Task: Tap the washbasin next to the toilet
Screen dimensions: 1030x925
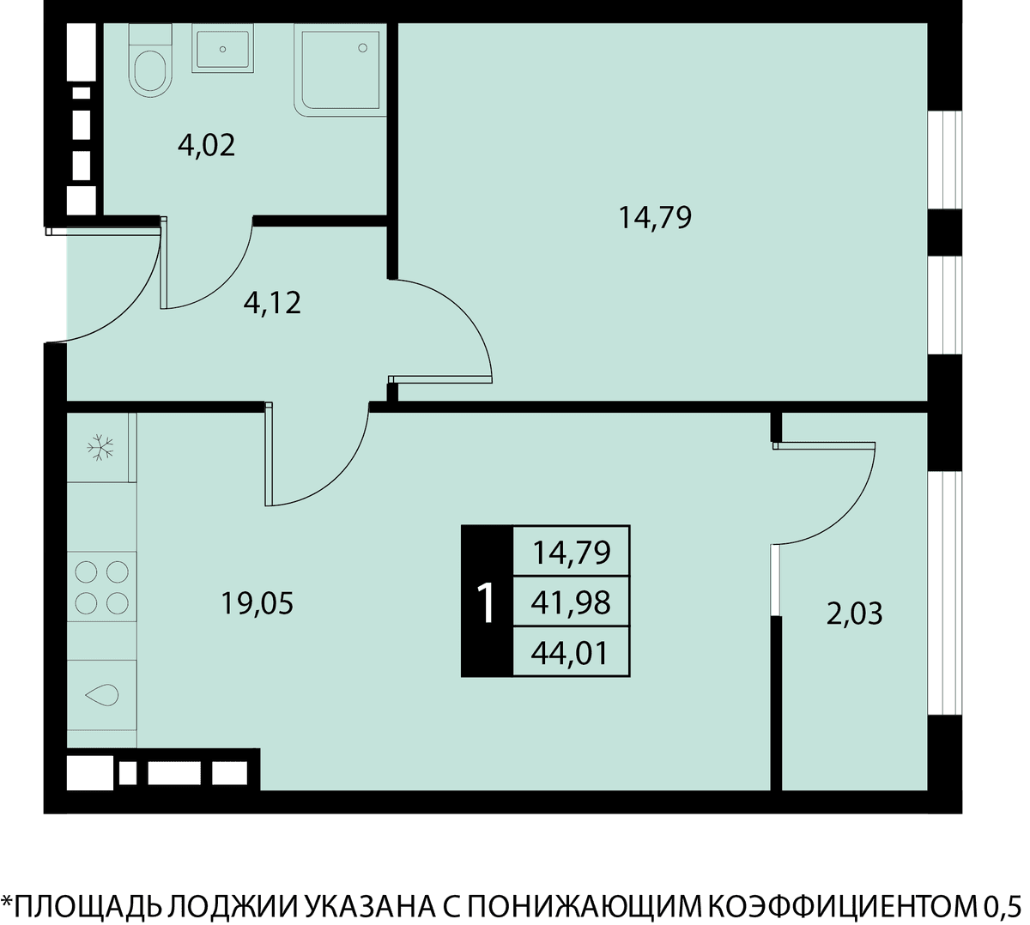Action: click(x=222, y=49)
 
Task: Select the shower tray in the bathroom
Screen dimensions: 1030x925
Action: click(x=340, y=70)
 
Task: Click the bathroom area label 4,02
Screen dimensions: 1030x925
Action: click(x=206, y=146)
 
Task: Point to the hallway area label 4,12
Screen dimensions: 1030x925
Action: click(x=272, y=304)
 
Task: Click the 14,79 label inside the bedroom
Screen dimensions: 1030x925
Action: click(x=655, y=218)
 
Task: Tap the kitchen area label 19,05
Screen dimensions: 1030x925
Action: click(x=257, y=604)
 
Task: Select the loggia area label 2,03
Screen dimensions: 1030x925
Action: click(x=854, y=614)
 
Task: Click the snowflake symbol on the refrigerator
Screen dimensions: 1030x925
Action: click(x=100, y=447)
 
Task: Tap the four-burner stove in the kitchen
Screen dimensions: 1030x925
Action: click(x=101, y=587)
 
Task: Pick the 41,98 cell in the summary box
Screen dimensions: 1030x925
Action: click(x=571, y=603)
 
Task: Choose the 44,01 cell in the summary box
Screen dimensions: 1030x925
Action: click(x=571, y=653)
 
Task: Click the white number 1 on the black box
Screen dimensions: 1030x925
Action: click(x=487, y=602)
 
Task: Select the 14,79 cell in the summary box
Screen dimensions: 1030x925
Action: click(x=571, y=553)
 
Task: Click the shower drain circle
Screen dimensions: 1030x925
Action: click(x=362, y=48)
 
